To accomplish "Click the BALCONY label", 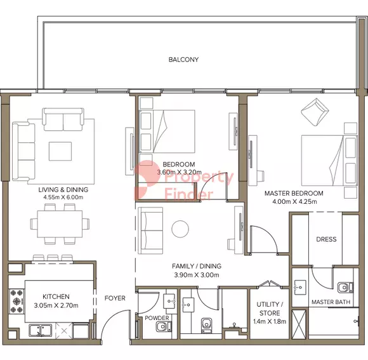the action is [183, 60].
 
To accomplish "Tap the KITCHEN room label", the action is [56, 297].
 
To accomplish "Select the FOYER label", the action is [115, 298].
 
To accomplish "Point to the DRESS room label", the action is [326, 239].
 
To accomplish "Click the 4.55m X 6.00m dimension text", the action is [63, 197].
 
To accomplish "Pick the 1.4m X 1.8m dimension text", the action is [270, 321].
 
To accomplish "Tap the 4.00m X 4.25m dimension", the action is [294, 201].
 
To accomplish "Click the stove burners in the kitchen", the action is [16, 302].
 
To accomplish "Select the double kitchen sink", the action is [41, 330].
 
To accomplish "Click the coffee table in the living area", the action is [60, 152].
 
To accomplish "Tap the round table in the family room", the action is [180, 229].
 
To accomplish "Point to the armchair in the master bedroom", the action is [315, 112].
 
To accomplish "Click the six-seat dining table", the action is [60, 224].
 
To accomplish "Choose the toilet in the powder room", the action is [163, 326].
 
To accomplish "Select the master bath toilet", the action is [345, 288].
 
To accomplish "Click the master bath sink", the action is [300, 287].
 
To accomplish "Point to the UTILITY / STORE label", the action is [270, 309].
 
